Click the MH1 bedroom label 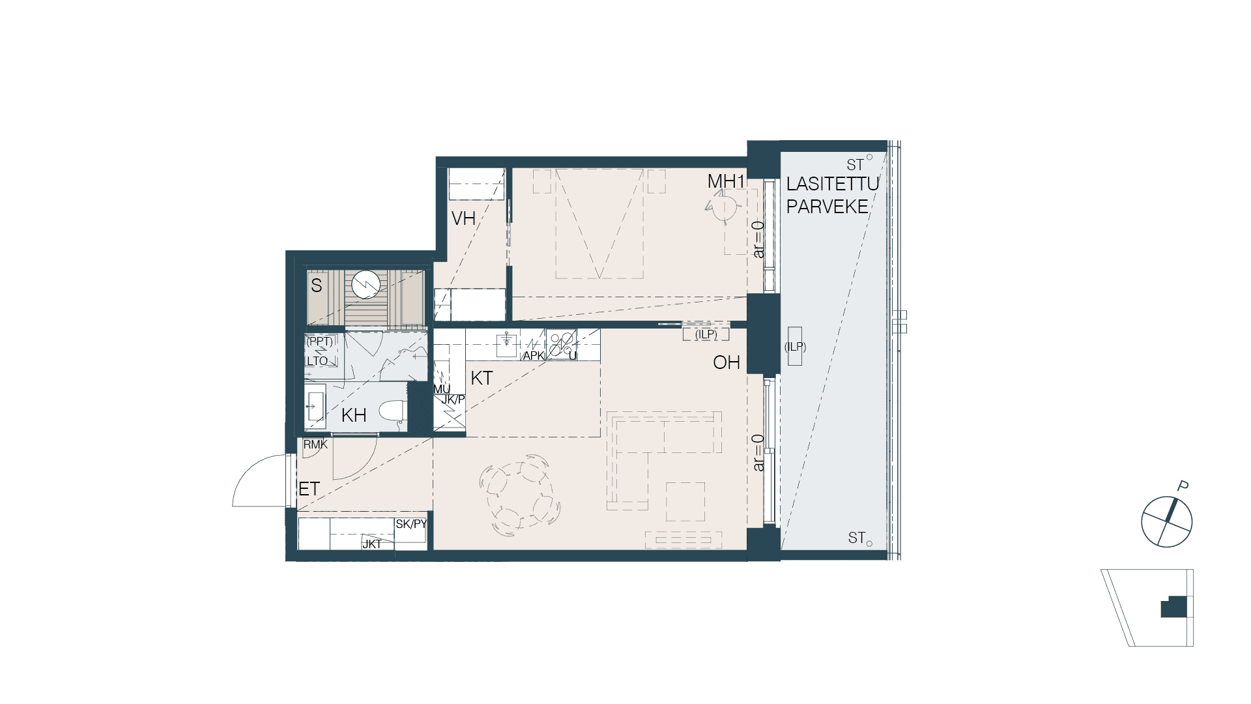[x=726, y=182]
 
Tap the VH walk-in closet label [x=463, y=218]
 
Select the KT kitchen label [x=482, y=378]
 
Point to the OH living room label [x=726, y=362]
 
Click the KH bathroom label [x=354, y=415]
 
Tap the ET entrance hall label [x=309, y=488]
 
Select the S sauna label [x=317, y=286]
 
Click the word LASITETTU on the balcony [x=833, y=184]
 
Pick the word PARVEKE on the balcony [x=827, y=207]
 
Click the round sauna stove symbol [x=366, y=284]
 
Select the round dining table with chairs [x=519, y=494]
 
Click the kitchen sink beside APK [x=506, y=344]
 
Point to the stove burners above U [x=562, y=344]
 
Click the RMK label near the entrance [x=315, y=445]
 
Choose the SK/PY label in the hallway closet [x=411, y=523]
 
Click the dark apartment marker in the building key [x=1173, y=607]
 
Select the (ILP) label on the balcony [x=795, y=347]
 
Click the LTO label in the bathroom [x=317, y=361]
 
